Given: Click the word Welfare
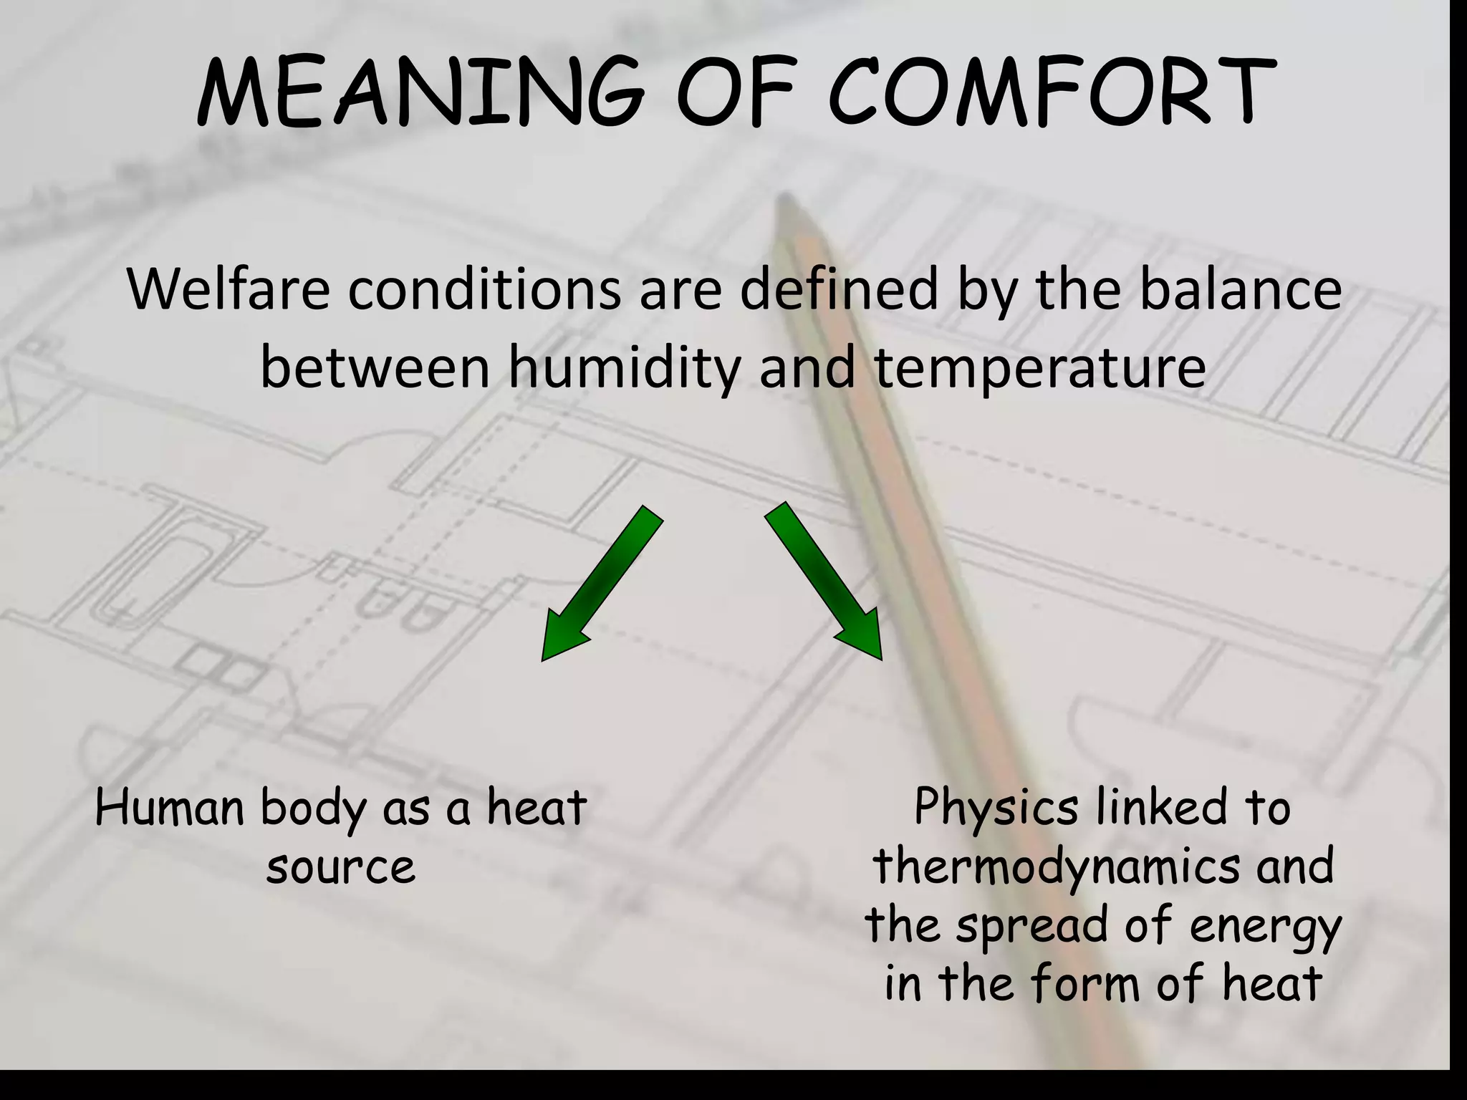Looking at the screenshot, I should point(229,289).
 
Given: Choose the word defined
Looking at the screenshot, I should point(838,289).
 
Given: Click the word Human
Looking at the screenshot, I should point(170,808).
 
